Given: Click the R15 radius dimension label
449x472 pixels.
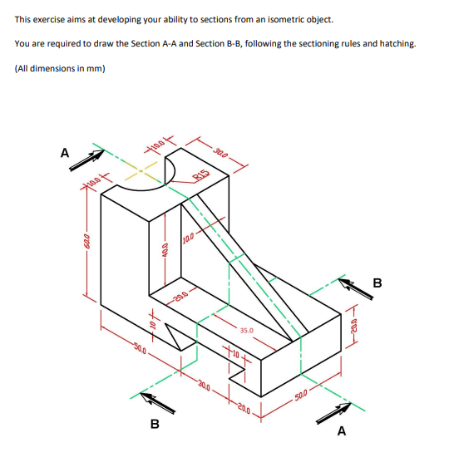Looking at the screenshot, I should [x=200, y=175].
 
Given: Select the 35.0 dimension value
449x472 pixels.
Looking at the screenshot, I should [x=248, y=330].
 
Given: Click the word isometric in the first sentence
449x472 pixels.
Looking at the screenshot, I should [x=273, y=18].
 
